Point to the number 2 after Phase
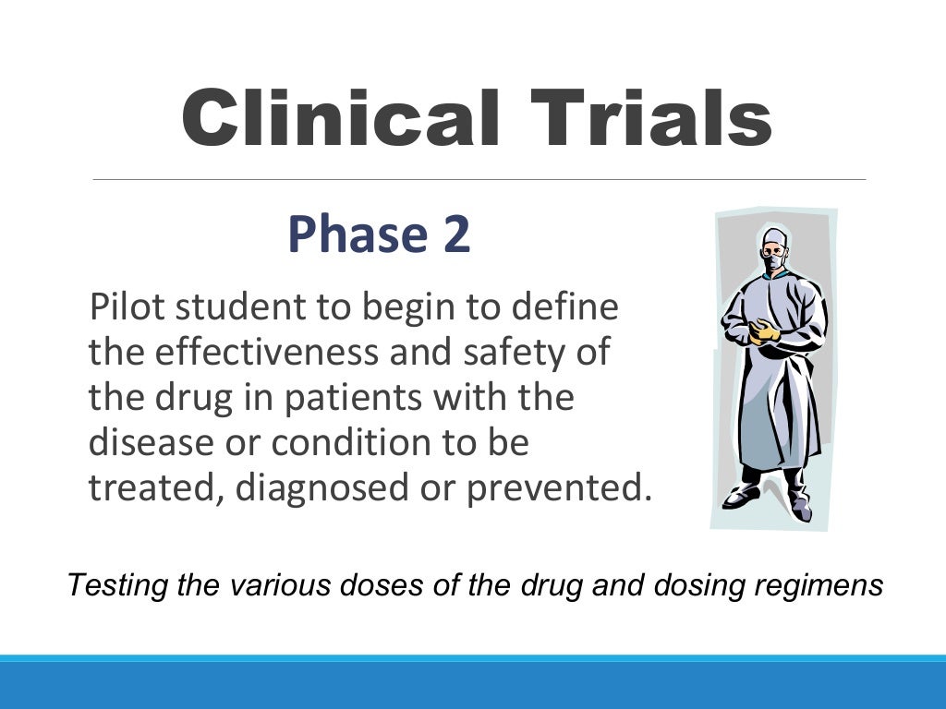point(455,235)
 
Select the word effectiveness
point(273,353)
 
